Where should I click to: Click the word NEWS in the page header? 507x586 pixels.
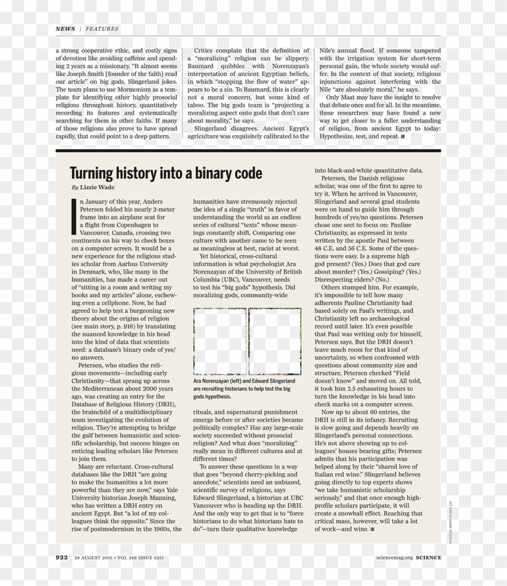pos(65,28)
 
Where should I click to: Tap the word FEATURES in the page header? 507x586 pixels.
pos(102,28)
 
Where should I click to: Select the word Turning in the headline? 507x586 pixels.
pos(91,174)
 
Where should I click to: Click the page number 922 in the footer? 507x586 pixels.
pos(62,558)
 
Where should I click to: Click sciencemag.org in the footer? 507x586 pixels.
pos(394,558)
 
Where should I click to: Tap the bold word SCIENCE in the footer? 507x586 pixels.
pos(428,558)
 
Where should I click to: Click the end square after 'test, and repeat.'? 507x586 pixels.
pos(403,137)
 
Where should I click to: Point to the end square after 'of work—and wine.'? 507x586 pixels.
pos(372,529)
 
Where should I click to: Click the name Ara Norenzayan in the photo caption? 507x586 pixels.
pos(212,382)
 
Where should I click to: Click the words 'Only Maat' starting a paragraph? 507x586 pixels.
pos(342,97)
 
